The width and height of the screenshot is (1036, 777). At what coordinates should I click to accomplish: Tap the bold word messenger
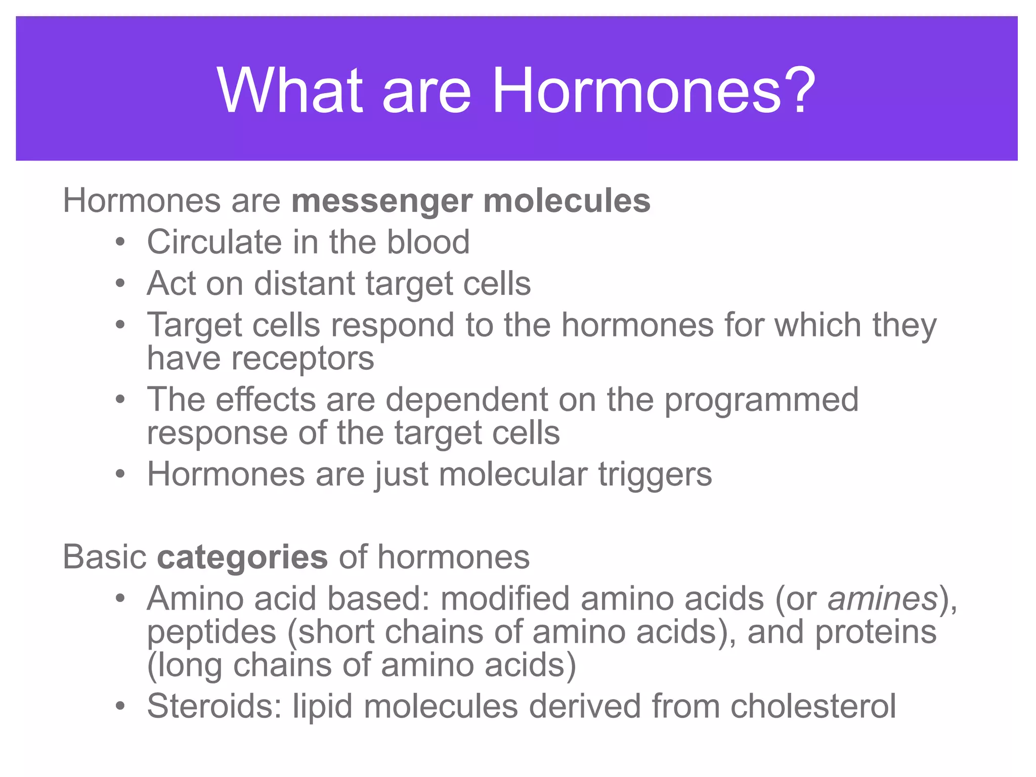point(382,201)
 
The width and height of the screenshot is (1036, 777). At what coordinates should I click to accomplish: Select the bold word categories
point(242,557)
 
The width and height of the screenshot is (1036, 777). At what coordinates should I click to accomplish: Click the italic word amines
point(883,599)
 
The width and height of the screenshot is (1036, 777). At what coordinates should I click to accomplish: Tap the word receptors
point(303,359)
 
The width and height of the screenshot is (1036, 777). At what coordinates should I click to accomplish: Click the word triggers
point(655,476)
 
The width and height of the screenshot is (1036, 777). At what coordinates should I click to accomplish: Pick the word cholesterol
point(813,706)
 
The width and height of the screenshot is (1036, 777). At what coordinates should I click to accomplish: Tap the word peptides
point(211,633)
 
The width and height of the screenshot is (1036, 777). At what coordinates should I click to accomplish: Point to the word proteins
point(876,632)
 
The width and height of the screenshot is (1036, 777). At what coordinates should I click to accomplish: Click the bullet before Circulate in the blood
point(120,242)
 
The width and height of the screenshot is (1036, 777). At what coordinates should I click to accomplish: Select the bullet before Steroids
point(120,706)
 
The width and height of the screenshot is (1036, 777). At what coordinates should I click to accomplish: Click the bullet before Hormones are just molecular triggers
point(120,475)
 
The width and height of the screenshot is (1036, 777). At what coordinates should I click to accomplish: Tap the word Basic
point(105,557)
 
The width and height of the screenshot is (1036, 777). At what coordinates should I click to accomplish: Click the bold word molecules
point(567,201)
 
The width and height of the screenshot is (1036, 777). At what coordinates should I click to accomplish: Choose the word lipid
point(322,707)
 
